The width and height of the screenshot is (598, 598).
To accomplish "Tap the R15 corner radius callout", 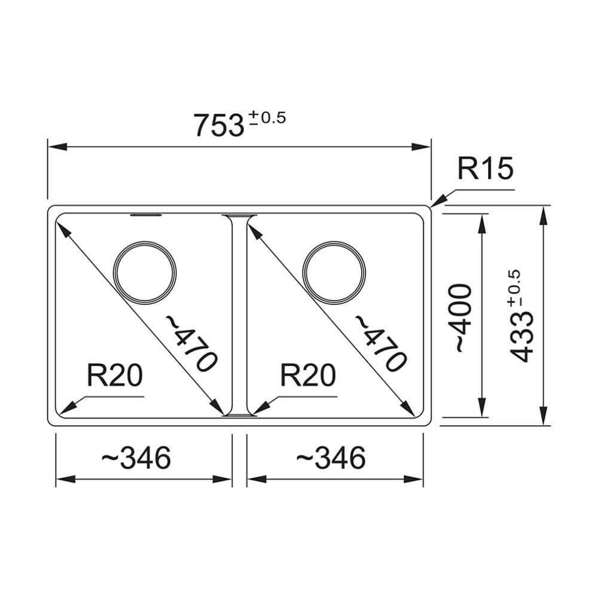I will (x=486, y=169).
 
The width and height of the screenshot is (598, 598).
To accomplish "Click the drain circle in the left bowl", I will (x=145, y=273).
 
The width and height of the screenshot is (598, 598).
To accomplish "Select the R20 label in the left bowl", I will (x=114, y=376).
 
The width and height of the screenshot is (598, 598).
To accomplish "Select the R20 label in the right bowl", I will (x=308, y=376).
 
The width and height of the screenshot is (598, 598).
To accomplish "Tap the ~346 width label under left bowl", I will (x=136, y=459).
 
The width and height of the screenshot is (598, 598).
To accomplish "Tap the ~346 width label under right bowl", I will (x=330, y=459).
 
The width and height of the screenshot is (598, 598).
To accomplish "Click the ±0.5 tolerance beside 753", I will (x=266, y=117).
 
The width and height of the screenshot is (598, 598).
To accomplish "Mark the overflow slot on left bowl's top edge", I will (x=145, y=213).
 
